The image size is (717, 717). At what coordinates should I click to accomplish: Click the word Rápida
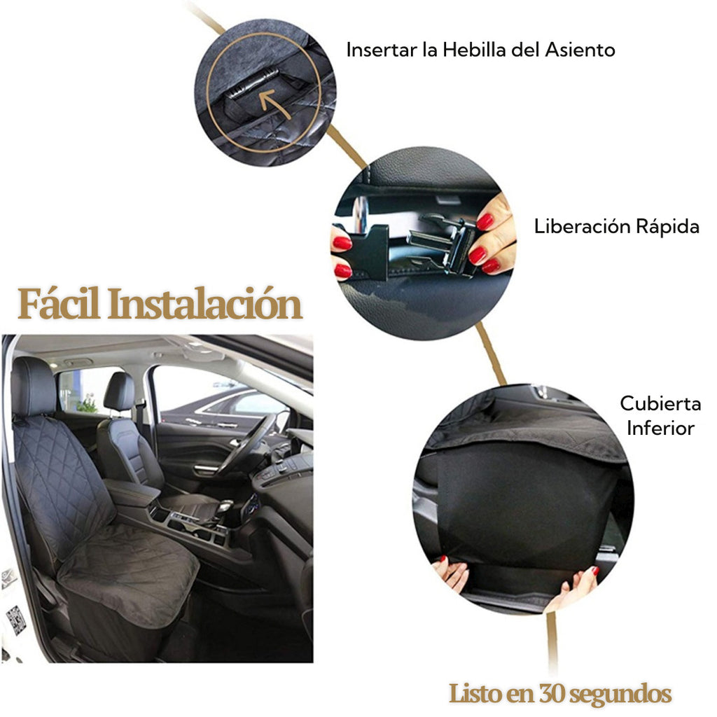pyautogui.click(x=666, y=227)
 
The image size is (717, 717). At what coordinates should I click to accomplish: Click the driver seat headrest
pyautogui.click(x=120, y=391)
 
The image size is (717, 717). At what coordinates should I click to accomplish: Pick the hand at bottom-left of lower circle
pyautogui.click(x=452, y=573)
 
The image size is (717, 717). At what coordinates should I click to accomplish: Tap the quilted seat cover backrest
pyautogui.click(x=60, y=476)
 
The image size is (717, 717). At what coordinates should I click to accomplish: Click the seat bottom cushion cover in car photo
pyautogui.click(x=130, y=571)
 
